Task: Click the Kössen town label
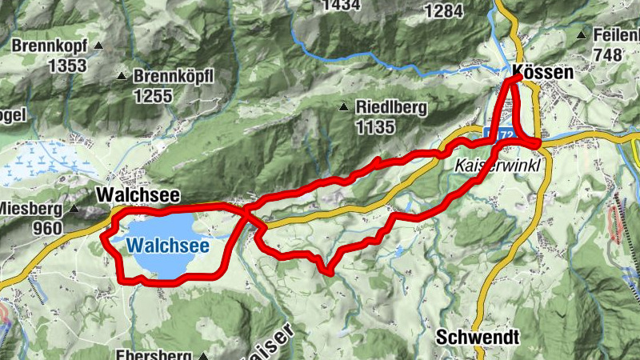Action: click(x=543, y=72)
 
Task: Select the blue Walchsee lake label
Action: click(x=168, y=246)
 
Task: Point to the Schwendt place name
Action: click(x=478, y=337)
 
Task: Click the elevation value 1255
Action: click(x=154, y=95)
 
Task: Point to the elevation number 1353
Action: click(x=66, y=66)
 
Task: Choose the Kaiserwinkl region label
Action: click(x=497, y=165)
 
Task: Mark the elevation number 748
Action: click(x=608, y=54)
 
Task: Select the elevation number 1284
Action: click(x=445, y=11)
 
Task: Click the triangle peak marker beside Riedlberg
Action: click(x=344, y=107)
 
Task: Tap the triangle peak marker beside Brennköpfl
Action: click(x=122, y=77)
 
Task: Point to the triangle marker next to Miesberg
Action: click(x=74, y=210)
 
